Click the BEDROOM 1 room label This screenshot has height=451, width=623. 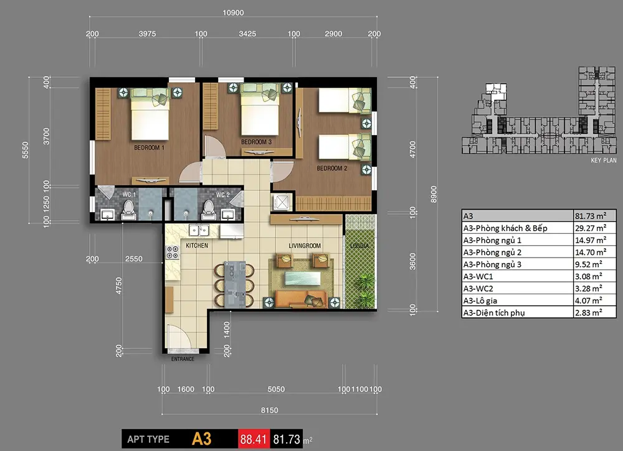(149, 147)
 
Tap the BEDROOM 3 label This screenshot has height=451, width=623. (256, 142)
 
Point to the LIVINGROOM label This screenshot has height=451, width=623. (305, 246)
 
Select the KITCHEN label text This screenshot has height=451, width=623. (197, 246)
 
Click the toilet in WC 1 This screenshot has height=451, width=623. (128, 210)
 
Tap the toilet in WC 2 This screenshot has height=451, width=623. (209, 210)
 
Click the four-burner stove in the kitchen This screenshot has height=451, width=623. (173, 253)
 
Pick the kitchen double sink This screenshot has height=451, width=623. (199, 230)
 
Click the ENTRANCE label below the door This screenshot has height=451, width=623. (183, 359)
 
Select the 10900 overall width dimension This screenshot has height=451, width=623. (233, 12)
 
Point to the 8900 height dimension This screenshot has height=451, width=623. (434, 194)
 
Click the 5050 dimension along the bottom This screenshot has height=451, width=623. (276, 389)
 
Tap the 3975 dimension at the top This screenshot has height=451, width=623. (148, 34)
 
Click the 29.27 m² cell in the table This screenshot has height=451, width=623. (591, 228)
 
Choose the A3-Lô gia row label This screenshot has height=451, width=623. (480, 300)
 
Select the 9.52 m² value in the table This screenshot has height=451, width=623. (589, 264)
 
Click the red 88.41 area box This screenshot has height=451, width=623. (254, 439)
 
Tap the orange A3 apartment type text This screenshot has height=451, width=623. (201, 439)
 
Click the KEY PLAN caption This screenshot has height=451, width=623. (604, 160)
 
